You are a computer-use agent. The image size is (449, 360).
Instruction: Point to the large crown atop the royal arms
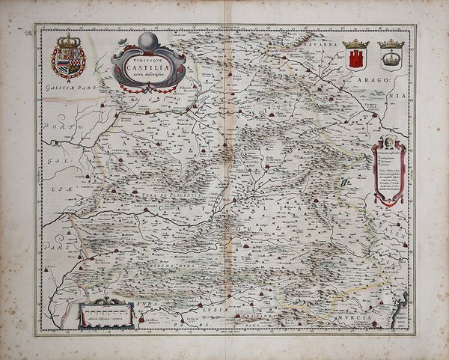68,43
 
